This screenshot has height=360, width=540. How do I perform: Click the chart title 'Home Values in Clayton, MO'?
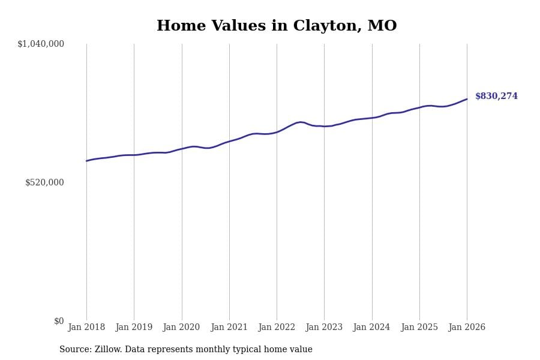277,26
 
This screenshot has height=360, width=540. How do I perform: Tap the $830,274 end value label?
496,97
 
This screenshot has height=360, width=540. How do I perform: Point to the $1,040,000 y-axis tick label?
41,44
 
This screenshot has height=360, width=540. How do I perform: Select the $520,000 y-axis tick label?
44,182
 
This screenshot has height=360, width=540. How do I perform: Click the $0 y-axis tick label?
59,321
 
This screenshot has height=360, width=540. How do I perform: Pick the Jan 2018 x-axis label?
86,328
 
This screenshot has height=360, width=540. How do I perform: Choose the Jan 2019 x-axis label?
134,328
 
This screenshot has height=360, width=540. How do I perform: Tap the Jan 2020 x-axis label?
181,328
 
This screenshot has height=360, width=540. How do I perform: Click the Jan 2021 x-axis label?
229,328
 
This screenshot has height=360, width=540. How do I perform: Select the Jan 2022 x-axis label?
277,328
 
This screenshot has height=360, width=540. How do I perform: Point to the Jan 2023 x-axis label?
324,328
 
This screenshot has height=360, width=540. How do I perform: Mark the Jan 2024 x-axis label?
371,328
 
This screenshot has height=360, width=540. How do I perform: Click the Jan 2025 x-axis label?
419,328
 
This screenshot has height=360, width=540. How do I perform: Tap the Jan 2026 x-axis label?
467,328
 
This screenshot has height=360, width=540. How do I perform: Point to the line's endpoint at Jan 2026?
467,99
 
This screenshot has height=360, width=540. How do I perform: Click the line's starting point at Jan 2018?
86,161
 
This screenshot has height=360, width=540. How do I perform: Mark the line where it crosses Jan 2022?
277,132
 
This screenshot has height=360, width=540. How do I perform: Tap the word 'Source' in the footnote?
74,350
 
